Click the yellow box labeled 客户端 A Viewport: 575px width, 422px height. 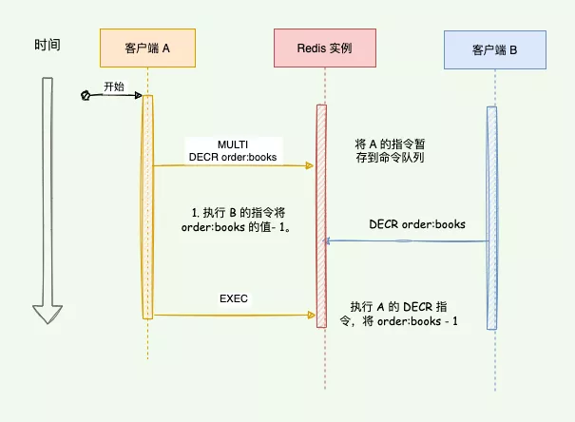pyautogui.click(x=147, y=48)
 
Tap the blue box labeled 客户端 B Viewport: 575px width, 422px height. pyautogui.click(x=494, y=48)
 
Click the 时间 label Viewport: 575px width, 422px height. pyautogui.click(x=48, y=45)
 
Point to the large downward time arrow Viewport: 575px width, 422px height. pyautogui.click(x=48, y=200)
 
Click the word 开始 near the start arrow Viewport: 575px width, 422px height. pyautogui.click(x=113, y=86)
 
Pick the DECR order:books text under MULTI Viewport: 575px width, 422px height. pyautogui.click(x=232, y=157)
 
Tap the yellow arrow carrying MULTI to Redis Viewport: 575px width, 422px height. pyautogui.click(x=233, y=166)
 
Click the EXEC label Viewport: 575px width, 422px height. pyautogui.click(x=234, y=299)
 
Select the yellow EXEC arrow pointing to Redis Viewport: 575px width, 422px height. pyautogui.click(x=233, y=315)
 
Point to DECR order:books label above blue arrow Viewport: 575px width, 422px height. pyautogui.click(x=417, y=225)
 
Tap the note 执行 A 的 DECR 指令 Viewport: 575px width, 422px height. pyautogui.click(x=405, y=314)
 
